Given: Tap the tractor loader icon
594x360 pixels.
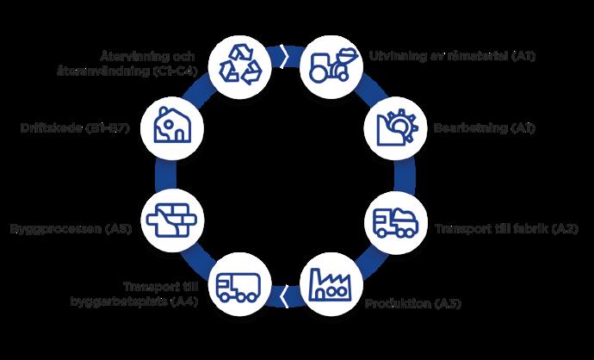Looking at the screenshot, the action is click(x=330, y=63).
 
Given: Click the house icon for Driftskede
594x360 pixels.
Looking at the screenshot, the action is click(x=176, y=127).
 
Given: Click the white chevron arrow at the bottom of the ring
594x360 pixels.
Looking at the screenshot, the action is click(x=285, y=297).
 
